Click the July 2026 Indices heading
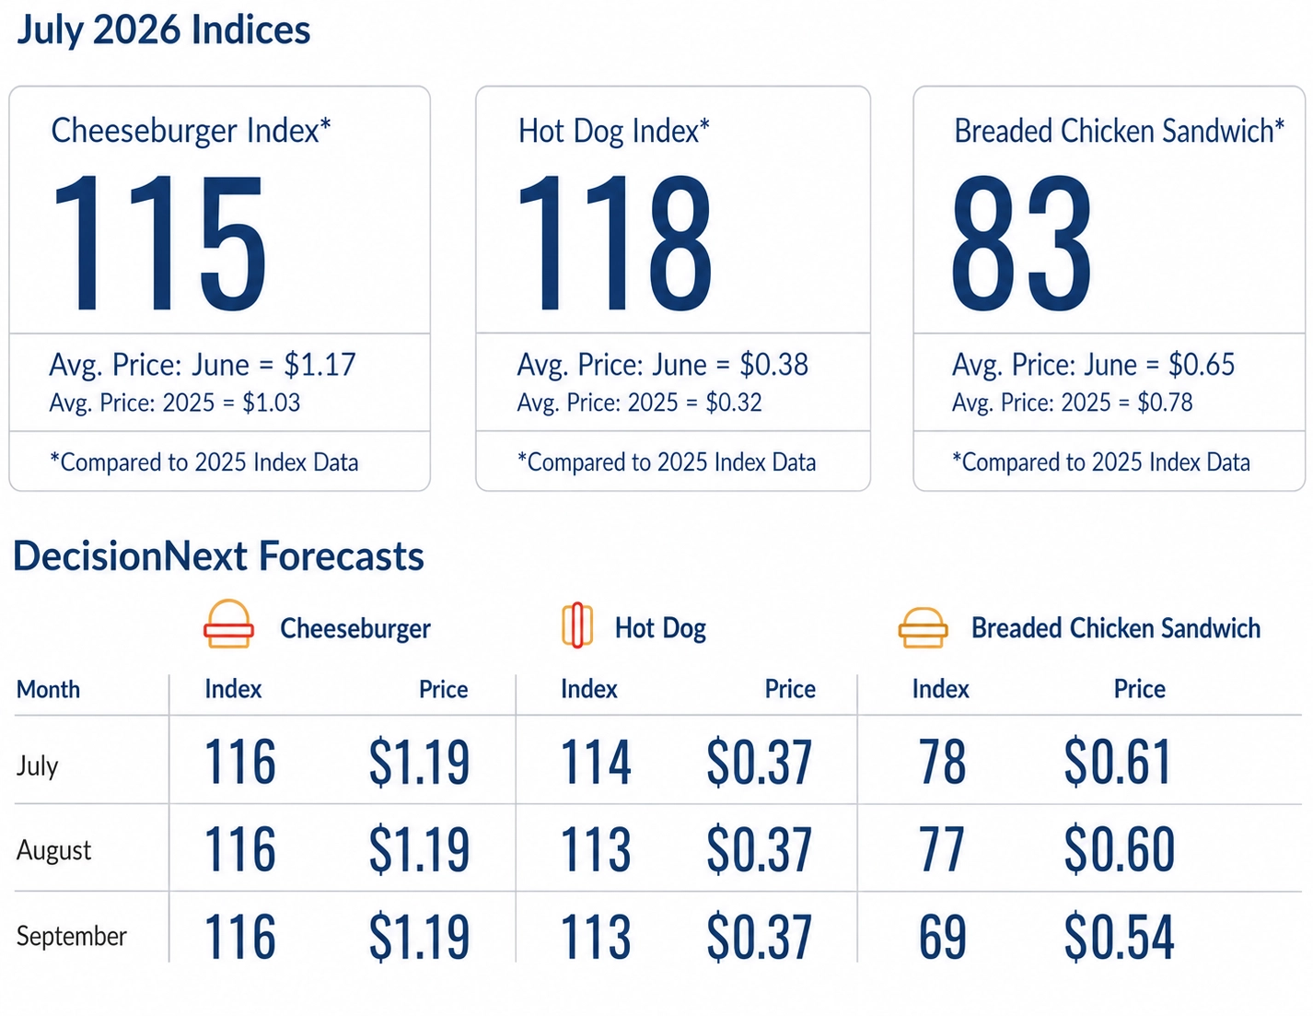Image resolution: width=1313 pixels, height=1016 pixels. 163,30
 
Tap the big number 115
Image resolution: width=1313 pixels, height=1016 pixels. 159,242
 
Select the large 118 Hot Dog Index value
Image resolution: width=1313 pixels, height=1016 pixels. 614,242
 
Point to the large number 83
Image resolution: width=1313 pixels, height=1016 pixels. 1021,242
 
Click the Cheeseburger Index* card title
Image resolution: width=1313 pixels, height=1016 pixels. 191,131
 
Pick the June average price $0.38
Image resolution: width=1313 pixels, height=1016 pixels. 774,365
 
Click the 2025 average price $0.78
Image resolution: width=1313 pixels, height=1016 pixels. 1165,403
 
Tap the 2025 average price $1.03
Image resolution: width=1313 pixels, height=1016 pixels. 272,403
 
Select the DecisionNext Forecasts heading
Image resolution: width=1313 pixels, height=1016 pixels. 218,556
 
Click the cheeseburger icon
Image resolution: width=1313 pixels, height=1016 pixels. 228,623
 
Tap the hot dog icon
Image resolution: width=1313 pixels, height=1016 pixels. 577,625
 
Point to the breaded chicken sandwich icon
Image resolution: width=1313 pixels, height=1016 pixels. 923,627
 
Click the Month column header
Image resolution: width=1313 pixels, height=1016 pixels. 48,690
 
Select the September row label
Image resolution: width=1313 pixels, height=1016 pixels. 71,936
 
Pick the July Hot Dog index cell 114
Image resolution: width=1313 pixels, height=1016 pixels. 596,762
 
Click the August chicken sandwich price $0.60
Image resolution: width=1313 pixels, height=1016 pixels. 1119,849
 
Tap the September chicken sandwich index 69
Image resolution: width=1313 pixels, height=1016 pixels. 942,937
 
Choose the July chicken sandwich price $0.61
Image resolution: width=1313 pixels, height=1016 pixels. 1117,762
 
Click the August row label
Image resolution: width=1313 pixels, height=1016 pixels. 53,851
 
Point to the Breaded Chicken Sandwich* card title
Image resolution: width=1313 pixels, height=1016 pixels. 1119,131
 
